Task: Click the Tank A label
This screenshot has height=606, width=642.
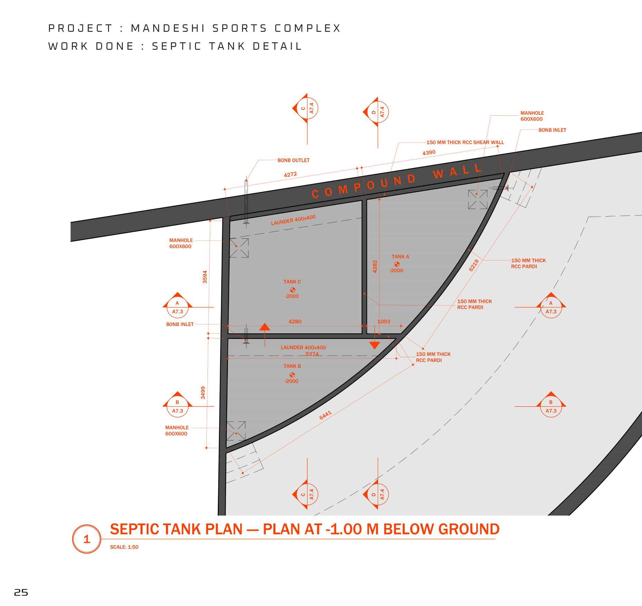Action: pos(400,257)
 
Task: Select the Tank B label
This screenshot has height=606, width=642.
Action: pos(292,366)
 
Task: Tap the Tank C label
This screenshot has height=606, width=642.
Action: pos(292,282)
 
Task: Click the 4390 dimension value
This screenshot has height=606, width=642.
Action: pos(429,152)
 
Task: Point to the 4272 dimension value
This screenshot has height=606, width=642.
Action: pos(290,174)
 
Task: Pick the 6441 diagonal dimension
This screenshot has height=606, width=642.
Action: pos(325,415)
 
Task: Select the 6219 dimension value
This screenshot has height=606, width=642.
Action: pos(474,265)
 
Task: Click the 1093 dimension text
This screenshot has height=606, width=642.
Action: pos(383,322)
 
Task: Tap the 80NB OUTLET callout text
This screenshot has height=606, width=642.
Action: pos(293,160)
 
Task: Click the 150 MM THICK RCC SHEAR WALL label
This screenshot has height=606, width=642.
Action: pos(465,142)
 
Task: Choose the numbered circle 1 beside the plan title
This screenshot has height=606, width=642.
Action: pos(87,539)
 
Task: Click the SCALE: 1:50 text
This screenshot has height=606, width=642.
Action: pos(124,547)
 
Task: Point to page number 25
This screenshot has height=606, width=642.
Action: pos(21,593)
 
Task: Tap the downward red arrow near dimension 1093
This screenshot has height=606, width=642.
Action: pos(374,344)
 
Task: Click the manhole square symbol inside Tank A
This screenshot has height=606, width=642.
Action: pos(478,199)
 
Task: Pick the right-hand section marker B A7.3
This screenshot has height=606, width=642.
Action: pos(551,406)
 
